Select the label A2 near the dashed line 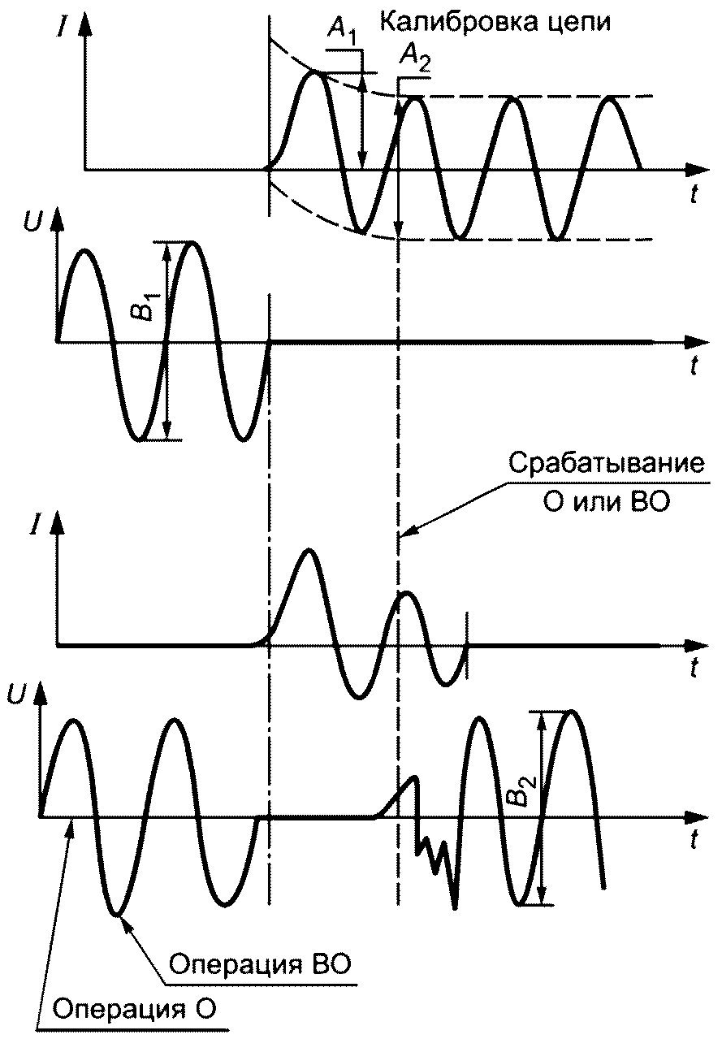tap(413, 58)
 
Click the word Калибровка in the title tap(440, 22)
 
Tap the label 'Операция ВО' tap(260, 966)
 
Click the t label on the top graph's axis tap(695, 195)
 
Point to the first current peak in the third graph tap(307, 551)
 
